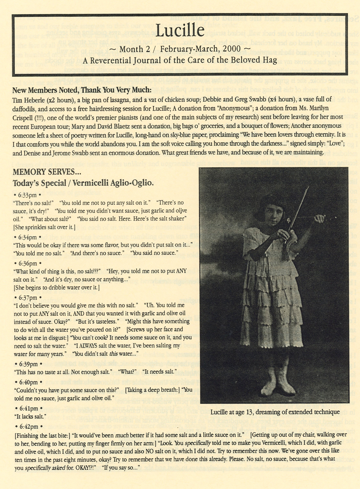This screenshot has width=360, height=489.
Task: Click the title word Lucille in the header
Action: click(180, 31)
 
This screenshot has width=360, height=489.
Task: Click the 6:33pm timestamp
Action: click(27, 195)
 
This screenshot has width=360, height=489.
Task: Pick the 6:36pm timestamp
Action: click(27, 263)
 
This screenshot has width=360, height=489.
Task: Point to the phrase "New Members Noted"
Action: click(41, 90)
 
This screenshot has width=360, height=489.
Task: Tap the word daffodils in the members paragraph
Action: click(24, 108)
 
